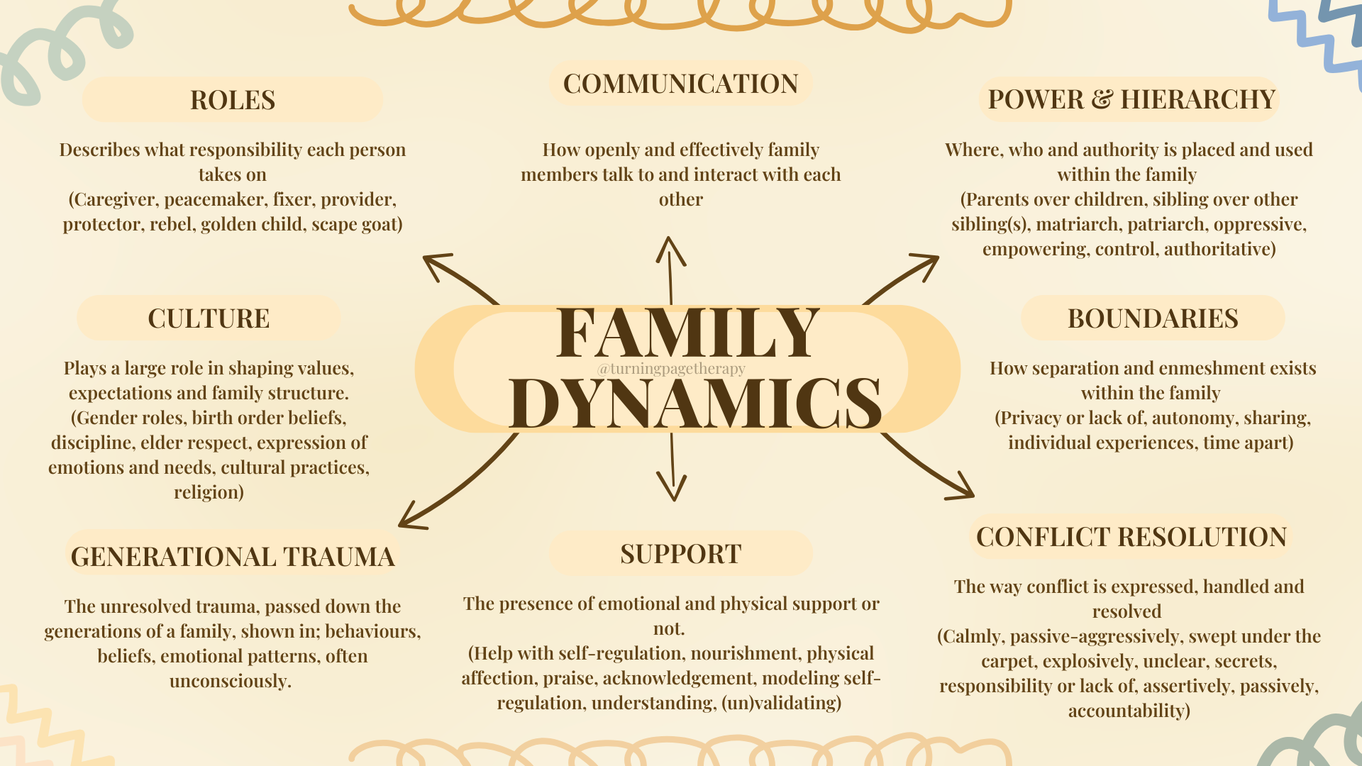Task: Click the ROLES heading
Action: pyautogui.click(x=233, y=100)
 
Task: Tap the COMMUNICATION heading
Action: pyautogui.click(x=680, y=84)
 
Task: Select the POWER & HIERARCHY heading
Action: pyautogui.click(x=1131, y=99)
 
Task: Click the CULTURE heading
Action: pyautogui.click(x=209, y=318)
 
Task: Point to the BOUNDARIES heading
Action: pyautogui.click(x=1153, y=318)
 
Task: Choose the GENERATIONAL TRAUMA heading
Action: pyautogui.click(x=233, y=557)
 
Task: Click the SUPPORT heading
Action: pyautogui.click(x=680, y=554)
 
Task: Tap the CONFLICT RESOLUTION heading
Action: pyautogui.click(x=1131, y=537)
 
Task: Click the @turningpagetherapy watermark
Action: pyautogui.click(x=671, y=369)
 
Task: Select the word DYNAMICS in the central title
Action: pyautogui.click(x=695, y=403)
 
